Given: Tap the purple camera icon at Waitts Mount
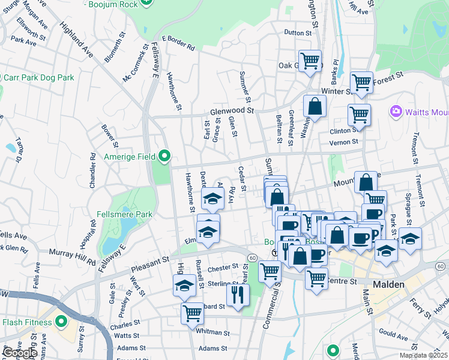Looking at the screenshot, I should [x=395, y=111].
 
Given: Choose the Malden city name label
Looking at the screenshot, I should [x=391, y=284].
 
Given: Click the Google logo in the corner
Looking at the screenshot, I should [x=19, y=352].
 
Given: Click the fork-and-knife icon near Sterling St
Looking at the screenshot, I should [x=238, y=294].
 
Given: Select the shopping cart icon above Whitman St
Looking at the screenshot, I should [x=192, y=312].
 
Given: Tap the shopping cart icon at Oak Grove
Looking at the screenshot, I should [x=310, y=60].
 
